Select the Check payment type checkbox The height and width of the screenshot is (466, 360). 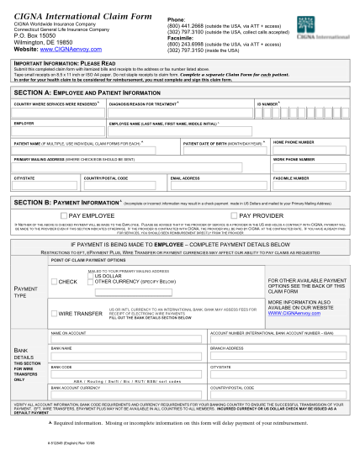[x=54, y=282]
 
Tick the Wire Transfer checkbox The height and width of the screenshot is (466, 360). [x=54, y=314]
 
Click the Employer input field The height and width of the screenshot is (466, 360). [x=56, y=129]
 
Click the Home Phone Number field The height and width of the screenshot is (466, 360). [x=306, y=149]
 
